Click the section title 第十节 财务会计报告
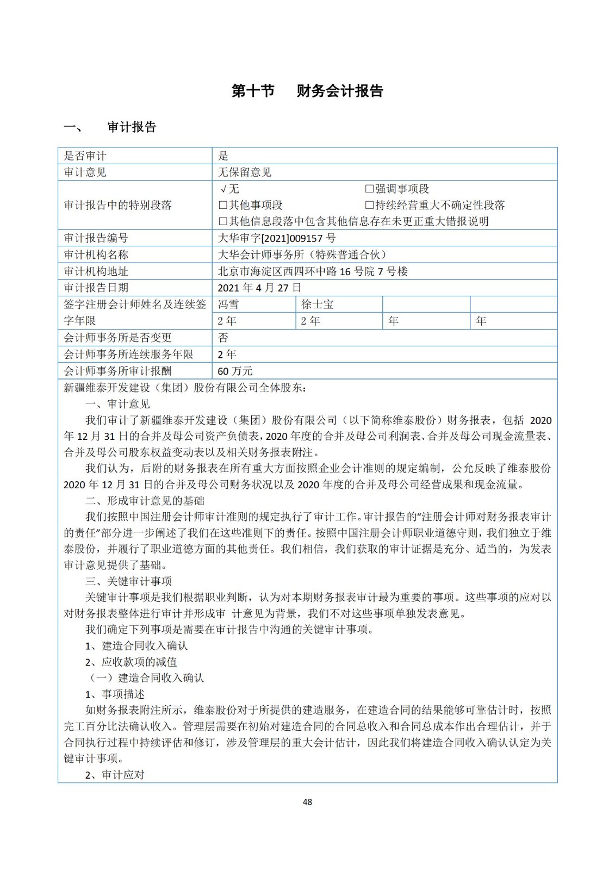coord(307,91)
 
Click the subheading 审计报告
coord(132,127)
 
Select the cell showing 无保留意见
coord(244,172)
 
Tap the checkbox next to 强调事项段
coord(369,189)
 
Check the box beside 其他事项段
coord(223,205)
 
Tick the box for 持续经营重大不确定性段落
coord(369,205)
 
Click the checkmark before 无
coord(223,189)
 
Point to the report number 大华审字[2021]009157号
coord(276,238)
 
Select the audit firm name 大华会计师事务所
coord(302,254)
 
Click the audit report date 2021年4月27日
coord(259,288)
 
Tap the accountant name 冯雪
coord(228,304)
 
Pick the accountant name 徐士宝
coord(317,304)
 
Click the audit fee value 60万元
coord(235,371)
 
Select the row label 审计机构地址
coord(96,271)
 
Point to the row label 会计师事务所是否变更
coord(117,338)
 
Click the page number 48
coord(307,802)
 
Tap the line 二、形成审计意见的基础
coord(145,501)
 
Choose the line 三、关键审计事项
coord(128,581)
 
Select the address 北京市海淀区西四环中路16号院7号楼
coord(312,271)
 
